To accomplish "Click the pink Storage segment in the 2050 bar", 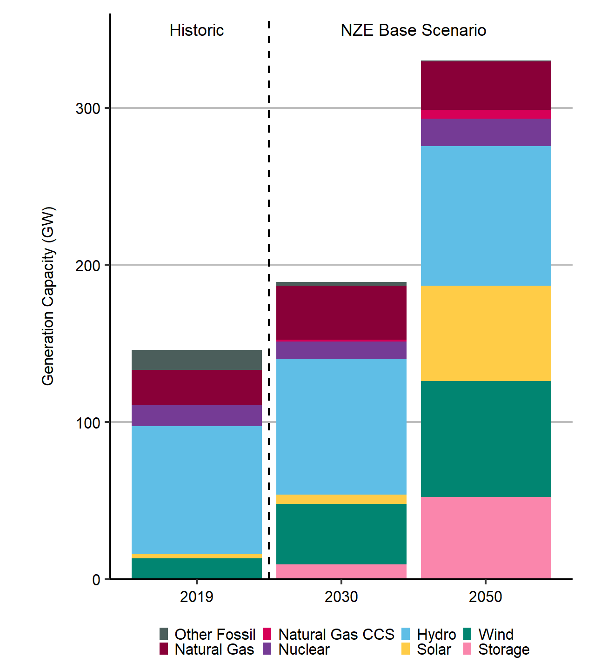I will pyautogui.click(x=486, y=537).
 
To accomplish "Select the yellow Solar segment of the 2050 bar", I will pyautogui.click(x=486, y=333).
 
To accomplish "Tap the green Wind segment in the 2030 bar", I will pyautogui.click(x=341, y=534).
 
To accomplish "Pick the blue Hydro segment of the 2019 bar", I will pyautogui.click(x=196, y=489).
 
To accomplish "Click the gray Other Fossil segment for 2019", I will pyautogui.click(x=196, y=360).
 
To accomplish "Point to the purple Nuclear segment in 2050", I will pyautogui.click(x=486, y=133).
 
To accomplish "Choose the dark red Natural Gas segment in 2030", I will pyautogui.click(x=341, y=312).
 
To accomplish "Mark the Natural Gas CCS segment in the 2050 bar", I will pyautogui.click(x=486, y=114).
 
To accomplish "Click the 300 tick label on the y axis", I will pyautogui.click(x=88, y=108).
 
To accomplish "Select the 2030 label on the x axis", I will pyautogui.click(x=341, y=596).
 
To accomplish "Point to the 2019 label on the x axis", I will pyautogui.click(x=196, y=596).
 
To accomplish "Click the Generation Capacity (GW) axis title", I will pyautogui.click(x=48, y=296).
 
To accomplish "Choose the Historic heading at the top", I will pyautogui.click(x=196, y=30).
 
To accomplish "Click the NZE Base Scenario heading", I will pyautogui.click(x=413, y=30).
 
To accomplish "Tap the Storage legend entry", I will pyautogui.click(x=503, y=650).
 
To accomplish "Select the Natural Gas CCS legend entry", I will pyautogui.click(x=336, y=634).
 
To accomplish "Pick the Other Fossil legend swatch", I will pyautogui.click(x=164, y=634).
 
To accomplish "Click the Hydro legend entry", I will pyautogui.click(x=436, y=634).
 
